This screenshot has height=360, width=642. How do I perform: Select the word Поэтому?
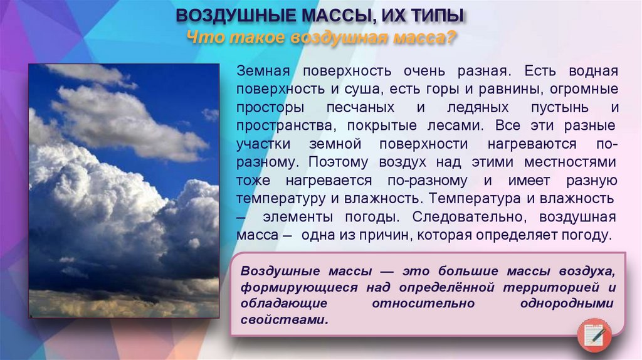[340, 162]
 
